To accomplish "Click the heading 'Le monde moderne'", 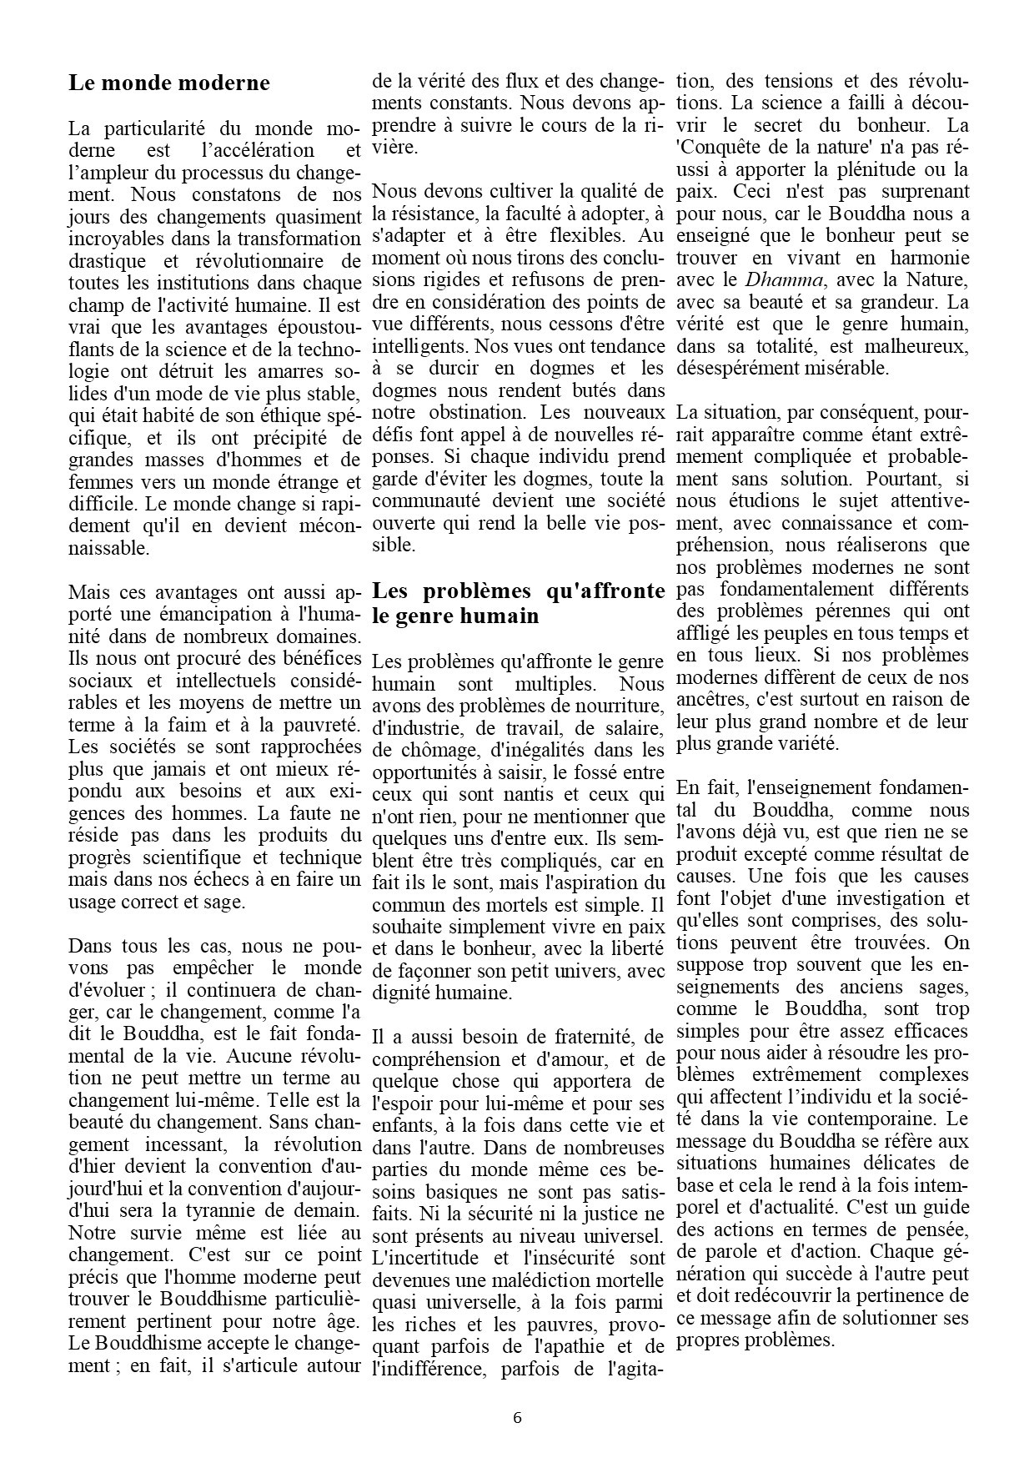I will [169, 83].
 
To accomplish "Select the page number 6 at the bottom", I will [517, 1417].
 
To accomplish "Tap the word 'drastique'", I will [106, 261].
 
